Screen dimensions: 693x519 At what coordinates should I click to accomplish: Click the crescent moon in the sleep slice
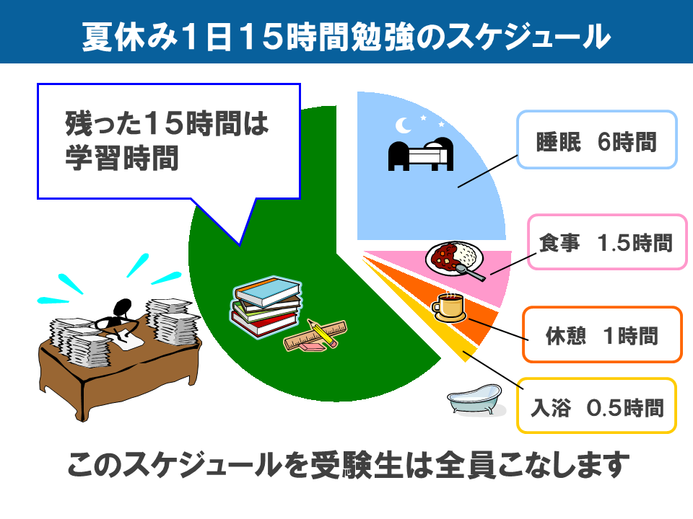coord(402,125)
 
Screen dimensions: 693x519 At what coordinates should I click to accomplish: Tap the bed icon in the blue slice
coord(421,154)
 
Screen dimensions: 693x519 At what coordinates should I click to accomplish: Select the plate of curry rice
coord(454,258)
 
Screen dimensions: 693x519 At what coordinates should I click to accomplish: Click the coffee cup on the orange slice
coord(448,307)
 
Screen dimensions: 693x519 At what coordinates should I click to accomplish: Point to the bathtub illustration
coord(475,399)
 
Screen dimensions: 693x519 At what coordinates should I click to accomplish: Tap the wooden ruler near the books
coord(315,335)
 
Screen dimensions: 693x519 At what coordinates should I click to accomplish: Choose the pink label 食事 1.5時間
coord(607,242)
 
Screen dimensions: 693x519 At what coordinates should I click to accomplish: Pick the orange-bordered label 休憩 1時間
coord(602,335)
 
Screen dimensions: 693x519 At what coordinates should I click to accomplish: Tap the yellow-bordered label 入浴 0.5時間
coord(597,406)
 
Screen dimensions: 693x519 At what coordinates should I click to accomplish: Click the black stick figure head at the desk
coord(123,307)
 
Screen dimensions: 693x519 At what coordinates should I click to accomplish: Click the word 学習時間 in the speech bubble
coord(122,158)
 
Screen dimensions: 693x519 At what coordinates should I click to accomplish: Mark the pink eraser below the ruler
coord(312,347)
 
